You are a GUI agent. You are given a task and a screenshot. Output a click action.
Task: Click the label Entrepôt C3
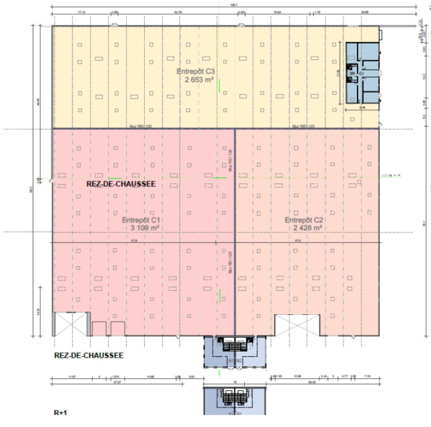(196, 71)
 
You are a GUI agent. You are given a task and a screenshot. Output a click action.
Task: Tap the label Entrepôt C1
(141, 220)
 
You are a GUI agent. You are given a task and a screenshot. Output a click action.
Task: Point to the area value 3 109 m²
(144, 228)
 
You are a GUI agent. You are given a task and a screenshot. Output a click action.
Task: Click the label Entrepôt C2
(304, 220)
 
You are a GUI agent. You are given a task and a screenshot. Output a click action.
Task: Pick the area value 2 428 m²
(307, 228)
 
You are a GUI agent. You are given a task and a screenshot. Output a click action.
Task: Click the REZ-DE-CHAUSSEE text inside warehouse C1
(121, 184)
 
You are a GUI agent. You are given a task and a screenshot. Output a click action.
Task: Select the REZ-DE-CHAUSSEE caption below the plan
(89, 355)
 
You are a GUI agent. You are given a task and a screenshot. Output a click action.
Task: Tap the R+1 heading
(60, 412)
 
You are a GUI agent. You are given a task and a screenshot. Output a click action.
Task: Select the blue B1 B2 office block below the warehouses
(235, 352)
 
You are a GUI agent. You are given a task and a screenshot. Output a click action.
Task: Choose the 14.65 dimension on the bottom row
(151, 377)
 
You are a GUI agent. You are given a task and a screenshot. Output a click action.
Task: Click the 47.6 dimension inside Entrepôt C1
(134, 240)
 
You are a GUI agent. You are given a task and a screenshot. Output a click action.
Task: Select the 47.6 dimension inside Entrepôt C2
(298, 240)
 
